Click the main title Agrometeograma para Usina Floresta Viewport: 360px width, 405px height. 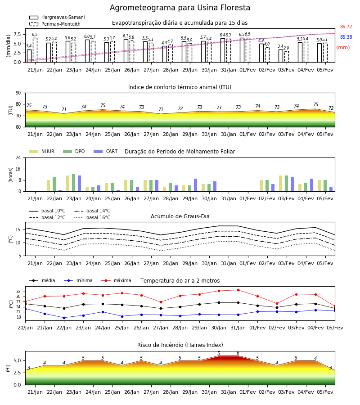(x=180, y=8)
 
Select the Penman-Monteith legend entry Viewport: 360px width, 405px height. (x=55, y=24)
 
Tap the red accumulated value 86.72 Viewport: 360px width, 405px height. (x=346, y=27)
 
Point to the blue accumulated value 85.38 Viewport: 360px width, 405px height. (x=346, y=37)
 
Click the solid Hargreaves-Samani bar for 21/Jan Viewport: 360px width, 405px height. (x=29, y=56)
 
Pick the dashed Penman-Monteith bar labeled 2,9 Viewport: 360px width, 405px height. (x=286, y=57)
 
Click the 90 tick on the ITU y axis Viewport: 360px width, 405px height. (x=18, y=93)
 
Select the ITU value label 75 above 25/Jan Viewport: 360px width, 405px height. (x=103, y=105)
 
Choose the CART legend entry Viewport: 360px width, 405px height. (x=105, y=151)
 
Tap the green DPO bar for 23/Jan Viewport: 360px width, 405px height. (x=74, y=183)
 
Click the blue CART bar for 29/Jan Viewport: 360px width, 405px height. (x=195, y=185)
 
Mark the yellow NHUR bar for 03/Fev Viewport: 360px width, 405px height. (x=280, y=184)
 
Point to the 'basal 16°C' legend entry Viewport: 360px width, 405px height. (x=92, y=217)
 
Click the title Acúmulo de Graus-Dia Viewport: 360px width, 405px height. (x=180, y=216)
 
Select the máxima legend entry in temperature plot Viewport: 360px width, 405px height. (x=116, y=280)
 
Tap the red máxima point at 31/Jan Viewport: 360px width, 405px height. (x=238, y=290)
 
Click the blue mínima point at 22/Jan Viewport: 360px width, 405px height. (x=64, y=318)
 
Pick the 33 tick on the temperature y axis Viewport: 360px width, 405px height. (x=18, y=291)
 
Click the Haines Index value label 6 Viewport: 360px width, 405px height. (x=238, y=353)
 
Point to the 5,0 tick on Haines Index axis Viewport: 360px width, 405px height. (x=17, y=360)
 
